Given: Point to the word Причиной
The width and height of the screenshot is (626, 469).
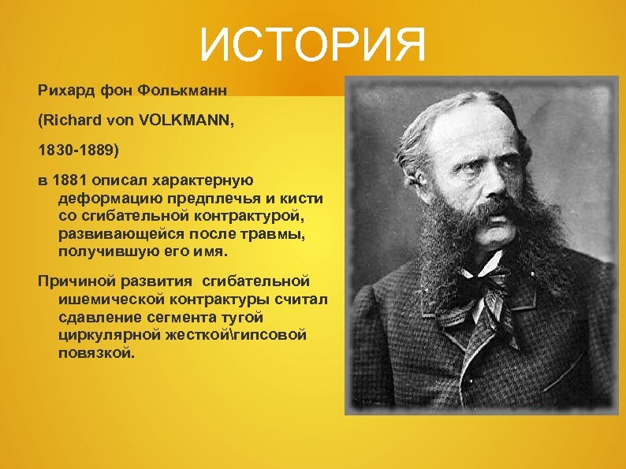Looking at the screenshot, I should (75, 281).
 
